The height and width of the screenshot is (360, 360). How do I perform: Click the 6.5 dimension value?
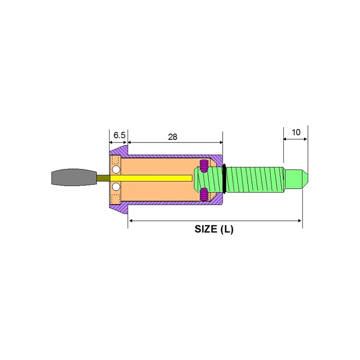click(x=119, y=135)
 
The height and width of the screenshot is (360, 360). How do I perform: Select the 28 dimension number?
click(x=173, y=137)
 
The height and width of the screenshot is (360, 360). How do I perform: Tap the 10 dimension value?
click(x=296, y=132)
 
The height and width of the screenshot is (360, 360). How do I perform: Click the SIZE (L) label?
click(x=214, y=229)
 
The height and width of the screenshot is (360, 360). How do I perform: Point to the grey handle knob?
click(x=74, y=177)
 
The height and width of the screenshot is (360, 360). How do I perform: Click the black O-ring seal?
click(x=224, y=178)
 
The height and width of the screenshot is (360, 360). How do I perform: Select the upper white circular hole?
click(x=116, y=170)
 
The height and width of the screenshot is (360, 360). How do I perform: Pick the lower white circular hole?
click(x=116, y=187)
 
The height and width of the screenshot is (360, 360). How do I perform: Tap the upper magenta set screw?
click(x=204, y=166)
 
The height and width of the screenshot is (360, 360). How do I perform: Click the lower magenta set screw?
click(x=204, y=194)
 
